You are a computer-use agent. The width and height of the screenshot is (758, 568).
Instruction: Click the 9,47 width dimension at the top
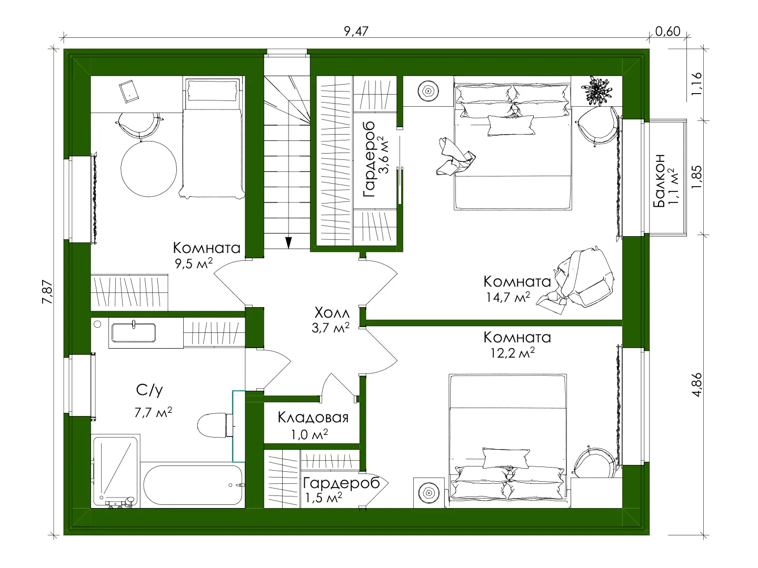356,32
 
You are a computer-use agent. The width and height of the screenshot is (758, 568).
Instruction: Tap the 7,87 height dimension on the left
48,292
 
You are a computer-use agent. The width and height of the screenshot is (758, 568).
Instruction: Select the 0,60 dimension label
667,32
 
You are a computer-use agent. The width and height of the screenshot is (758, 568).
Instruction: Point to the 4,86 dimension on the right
697,384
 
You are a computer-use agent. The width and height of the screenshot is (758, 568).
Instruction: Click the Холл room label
332,313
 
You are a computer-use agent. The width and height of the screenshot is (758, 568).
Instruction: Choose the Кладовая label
313,417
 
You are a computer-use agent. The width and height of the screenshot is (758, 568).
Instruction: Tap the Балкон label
659,181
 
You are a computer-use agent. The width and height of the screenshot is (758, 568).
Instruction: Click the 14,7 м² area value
508,297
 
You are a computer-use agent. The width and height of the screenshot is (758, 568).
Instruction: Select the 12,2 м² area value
513,352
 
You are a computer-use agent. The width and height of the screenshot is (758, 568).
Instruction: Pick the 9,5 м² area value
193,263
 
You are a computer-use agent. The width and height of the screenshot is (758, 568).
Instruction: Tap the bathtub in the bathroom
193,485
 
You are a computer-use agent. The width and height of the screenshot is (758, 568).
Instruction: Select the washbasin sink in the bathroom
134,332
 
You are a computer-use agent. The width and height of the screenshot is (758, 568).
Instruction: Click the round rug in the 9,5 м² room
148,169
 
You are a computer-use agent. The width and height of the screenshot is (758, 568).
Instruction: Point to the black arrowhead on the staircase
288,242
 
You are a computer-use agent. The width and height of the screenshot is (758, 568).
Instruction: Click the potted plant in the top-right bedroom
596,90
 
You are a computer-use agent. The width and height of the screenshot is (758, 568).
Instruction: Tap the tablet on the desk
129,91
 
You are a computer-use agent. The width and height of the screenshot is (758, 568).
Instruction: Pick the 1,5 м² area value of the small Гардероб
324,498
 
